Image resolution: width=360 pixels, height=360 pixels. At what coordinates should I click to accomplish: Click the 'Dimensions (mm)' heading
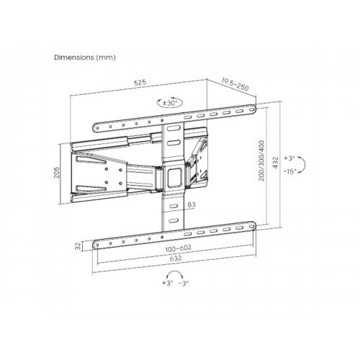[85, 58]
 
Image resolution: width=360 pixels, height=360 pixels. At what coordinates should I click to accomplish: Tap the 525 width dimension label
[140, 83]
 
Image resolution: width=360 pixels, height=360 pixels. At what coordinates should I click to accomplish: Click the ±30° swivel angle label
[170, 103]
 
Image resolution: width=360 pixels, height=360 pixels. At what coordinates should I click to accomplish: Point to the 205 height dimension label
[56, 172]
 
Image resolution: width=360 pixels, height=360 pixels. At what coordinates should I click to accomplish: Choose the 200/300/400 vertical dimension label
[261, 161]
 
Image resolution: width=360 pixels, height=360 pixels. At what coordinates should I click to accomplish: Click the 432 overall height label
[275, 163]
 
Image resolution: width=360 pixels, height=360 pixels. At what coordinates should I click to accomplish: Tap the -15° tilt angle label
[290, 171]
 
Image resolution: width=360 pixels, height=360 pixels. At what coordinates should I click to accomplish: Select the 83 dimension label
[192, 204]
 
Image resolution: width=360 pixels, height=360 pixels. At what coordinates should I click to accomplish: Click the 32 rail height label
[78, 246]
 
